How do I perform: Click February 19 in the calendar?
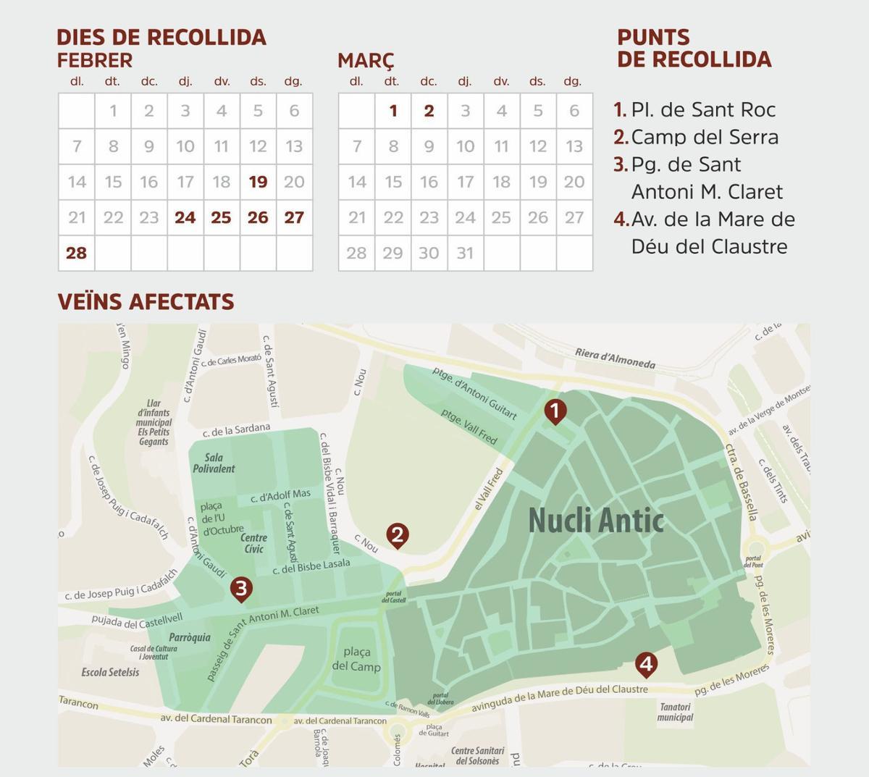point(258,182)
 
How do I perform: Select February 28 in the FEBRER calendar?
point(76,253)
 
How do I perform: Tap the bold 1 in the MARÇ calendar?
point(392,111)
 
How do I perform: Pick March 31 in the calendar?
point(465,253)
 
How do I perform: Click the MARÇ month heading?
point(366,60)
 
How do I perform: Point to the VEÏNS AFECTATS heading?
point(146,301)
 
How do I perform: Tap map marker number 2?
point(397,535)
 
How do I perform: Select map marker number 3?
point(241,589)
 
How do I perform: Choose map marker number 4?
point(646,663)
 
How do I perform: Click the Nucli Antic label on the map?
point(595,520)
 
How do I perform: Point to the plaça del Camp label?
point(356,659)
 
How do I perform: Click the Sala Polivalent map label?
point(214,463)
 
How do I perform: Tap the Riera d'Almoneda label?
point(615,358)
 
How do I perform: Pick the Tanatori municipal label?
point(675,712)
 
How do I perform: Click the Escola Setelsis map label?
point(110,672)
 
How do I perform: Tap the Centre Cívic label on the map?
point(253,543)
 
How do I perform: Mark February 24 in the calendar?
point(185,217)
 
